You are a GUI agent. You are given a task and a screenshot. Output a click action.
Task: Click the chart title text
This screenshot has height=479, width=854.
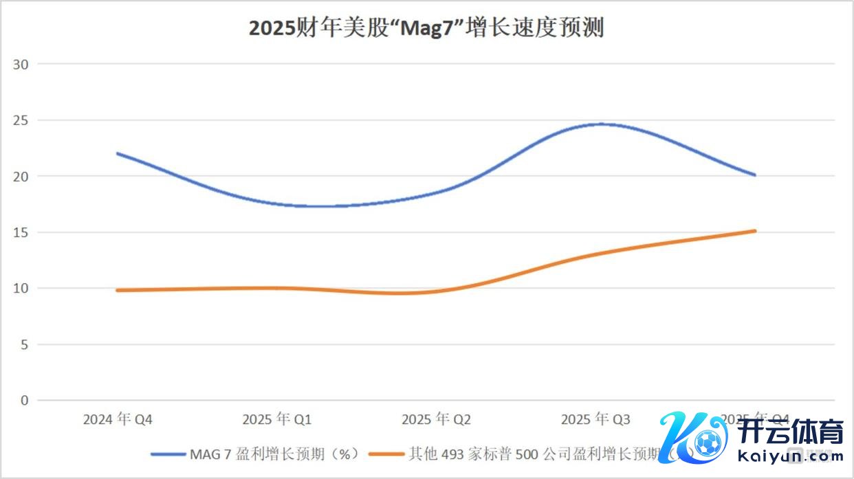[x=426, y=29]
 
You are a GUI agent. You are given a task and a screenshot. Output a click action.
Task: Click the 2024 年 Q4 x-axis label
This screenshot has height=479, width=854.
[x=118, y=419]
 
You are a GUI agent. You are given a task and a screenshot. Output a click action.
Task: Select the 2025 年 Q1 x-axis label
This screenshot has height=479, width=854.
[x=277, y=419]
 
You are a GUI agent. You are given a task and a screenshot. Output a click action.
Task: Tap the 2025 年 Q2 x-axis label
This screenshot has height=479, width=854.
[x=437, y=419]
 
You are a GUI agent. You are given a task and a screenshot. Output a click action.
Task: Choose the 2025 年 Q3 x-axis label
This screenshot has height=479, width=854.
[x=595, y=419]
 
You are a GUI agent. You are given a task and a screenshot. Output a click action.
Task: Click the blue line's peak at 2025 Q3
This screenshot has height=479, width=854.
[x=601, y=124]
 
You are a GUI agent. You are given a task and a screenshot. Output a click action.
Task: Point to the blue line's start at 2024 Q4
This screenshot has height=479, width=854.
[x=118, y=153]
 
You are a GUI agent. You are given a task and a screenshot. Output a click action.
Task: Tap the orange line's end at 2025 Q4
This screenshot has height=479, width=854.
[x=755, y=231]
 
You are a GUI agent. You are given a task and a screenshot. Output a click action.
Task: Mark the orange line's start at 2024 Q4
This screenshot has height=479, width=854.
[x=118, y=290]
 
